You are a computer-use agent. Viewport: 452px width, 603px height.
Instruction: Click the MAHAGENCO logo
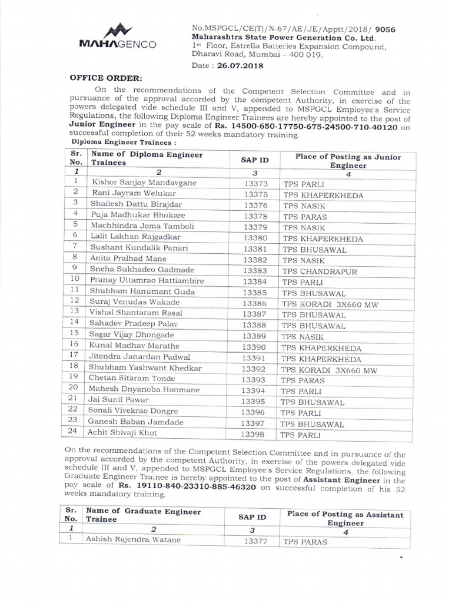(118, 37)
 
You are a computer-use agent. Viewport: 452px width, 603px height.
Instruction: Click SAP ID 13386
(256, 304)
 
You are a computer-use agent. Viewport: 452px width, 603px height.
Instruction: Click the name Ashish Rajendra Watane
(133, 539)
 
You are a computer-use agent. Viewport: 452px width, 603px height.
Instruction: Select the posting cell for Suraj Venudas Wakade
(329, 304)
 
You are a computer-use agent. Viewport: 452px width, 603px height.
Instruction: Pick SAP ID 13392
(256, 369)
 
